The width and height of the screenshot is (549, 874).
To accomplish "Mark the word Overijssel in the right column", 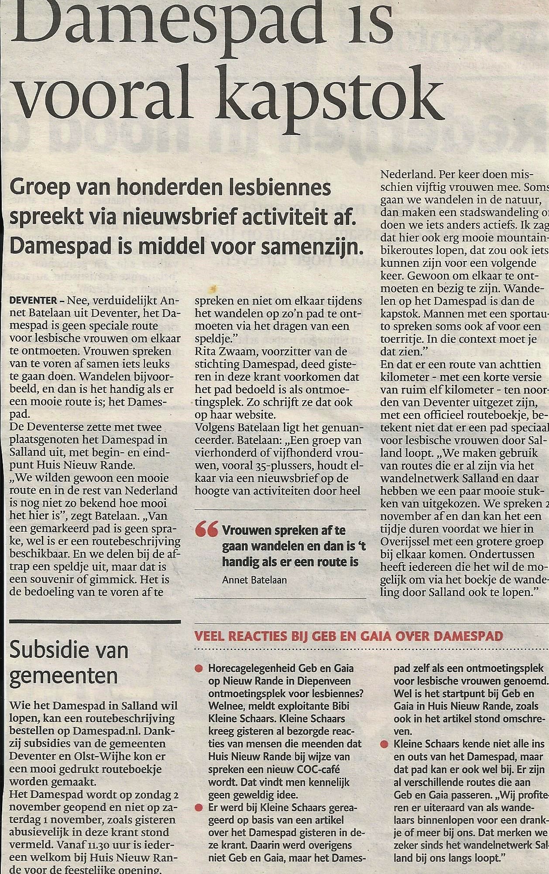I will point(412,542).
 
